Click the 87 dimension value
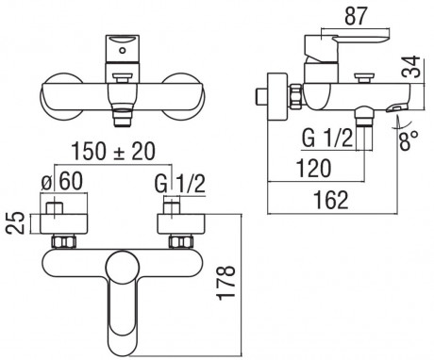356,16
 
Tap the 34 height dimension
411,67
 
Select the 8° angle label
409,140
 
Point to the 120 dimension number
314,168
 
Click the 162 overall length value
331,200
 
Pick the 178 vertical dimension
226,283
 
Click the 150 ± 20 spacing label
113,152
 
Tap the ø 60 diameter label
62,182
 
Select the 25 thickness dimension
15,222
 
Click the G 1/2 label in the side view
327,139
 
